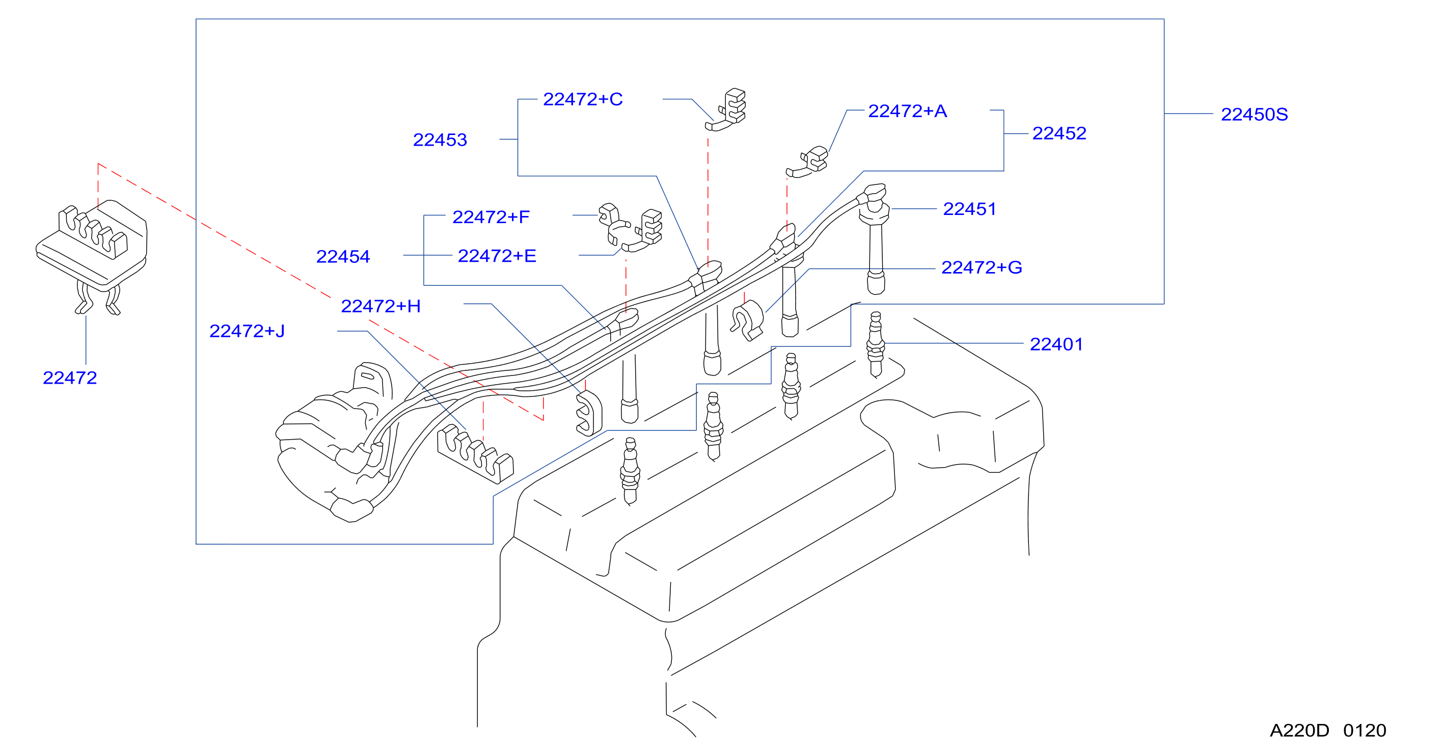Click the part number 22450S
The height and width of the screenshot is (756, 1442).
pos(1254,114)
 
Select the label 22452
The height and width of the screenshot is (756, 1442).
pos(1059,133)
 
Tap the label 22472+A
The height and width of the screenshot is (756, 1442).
pos(907,111)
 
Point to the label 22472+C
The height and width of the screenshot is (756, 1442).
pos(583,99)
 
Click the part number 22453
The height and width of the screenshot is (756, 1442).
pos(440,140)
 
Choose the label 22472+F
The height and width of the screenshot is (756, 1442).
pos(491,217)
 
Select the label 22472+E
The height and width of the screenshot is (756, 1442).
pos(497,256)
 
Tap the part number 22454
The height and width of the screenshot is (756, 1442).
pos(343,256)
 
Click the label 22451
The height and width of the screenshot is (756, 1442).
pos(969,209)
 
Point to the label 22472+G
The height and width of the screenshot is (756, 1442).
pos(982,267)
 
